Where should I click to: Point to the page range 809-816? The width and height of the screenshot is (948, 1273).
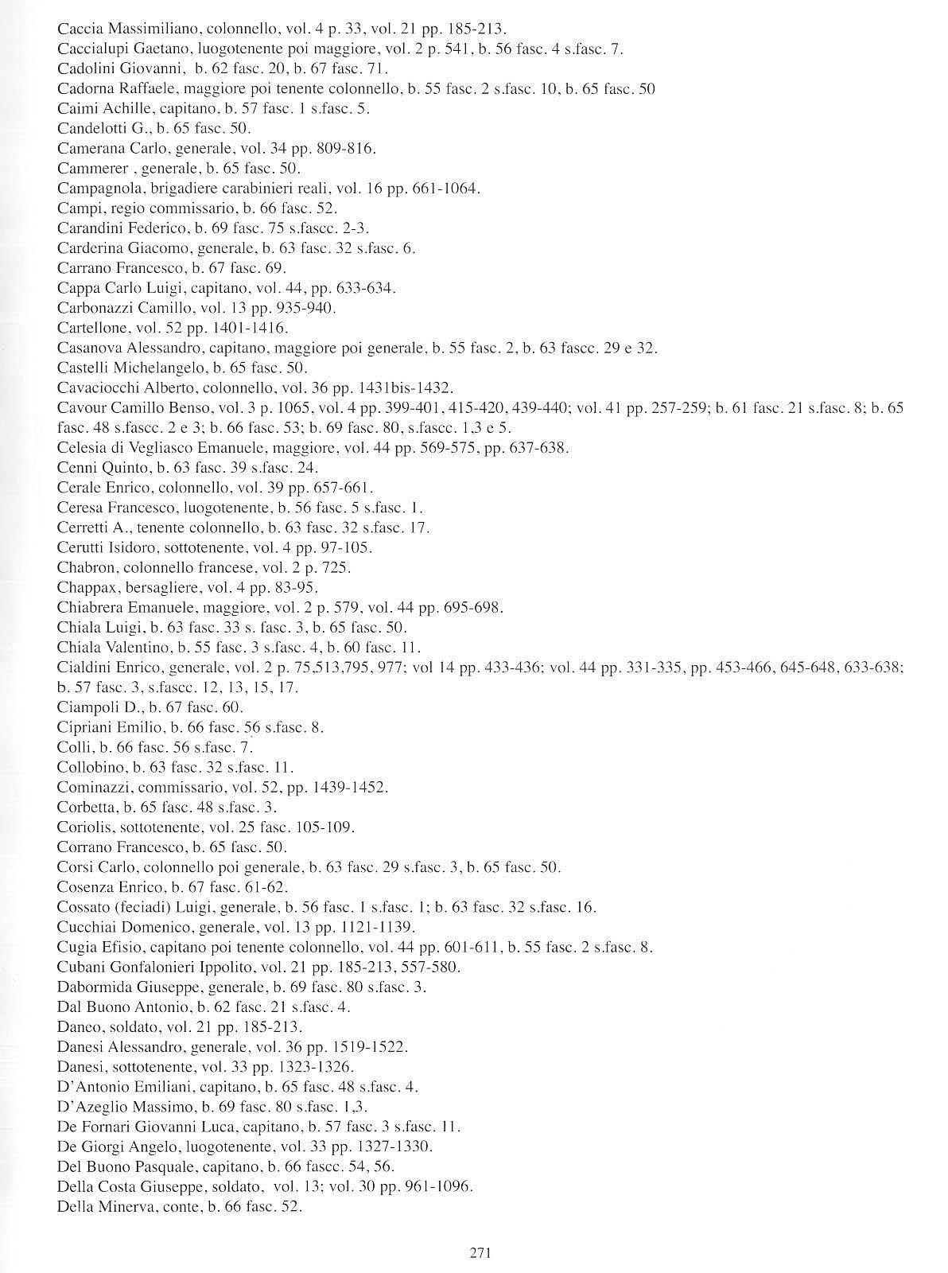coord(348,149)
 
